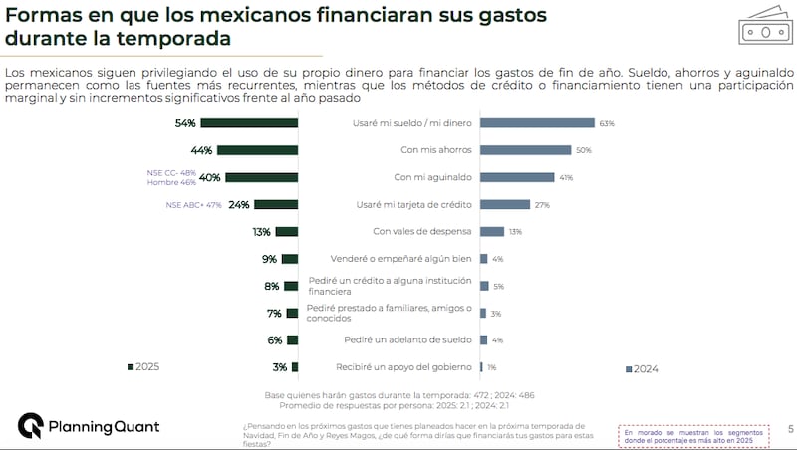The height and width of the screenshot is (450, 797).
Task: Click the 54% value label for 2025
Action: point(184,123)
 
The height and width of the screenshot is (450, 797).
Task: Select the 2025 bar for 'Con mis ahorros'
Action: point(257,150)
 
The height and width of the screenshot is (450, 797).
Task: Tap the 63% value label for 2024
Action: point(606,123)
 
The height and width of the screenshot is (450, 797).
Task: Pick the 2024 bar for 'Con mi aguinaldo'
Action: point(517,177)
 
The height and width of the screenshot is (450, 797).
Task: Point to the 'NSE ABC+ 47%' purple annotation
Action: point(193,205)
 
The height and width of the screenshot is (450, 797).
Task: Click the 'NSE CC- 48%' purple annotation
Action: point(171,172)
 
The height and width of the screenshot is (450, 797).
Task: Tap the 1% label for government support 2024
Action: point(492,367)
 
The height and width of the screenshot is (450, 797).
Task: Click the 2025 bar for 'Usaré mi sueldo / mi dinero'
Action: point(249,123)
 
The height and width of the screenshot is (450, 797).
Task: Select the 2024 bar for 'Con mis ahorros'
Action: point(525,150)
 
